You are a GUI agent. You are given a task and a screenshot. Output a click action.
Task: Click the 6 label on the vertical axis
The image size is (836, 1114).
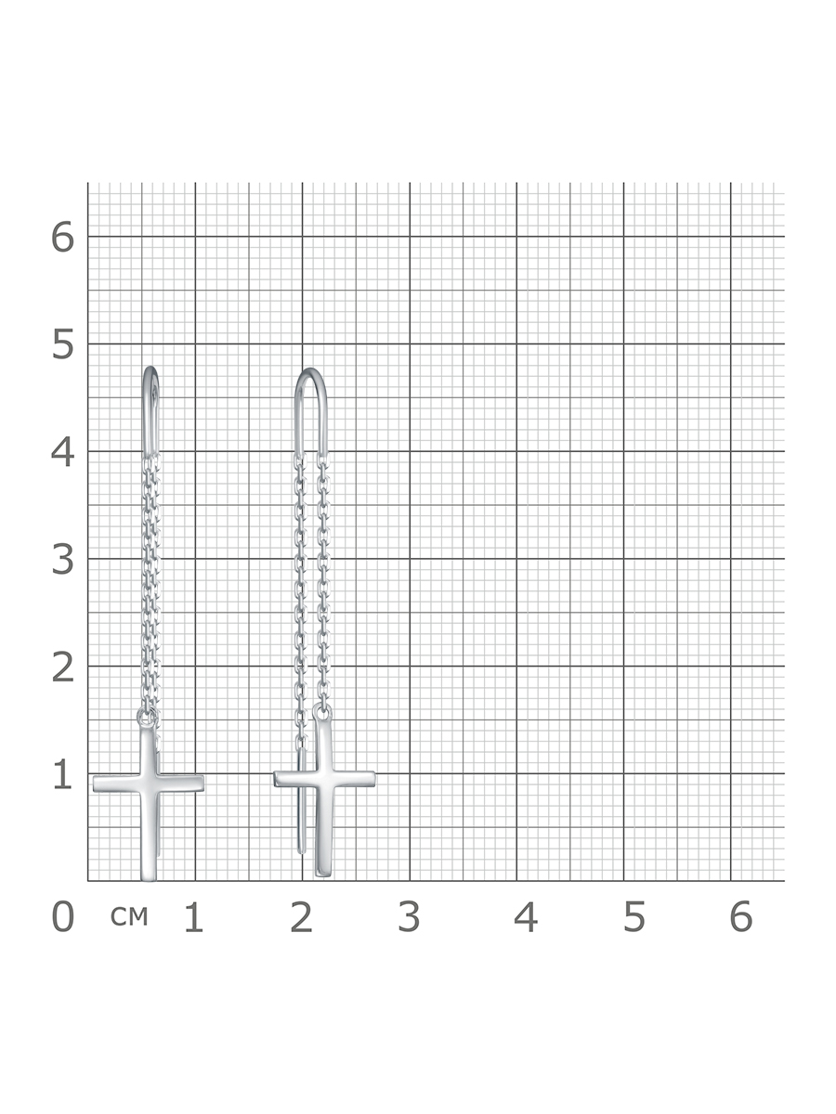pyautogui.click(x=63, y=238)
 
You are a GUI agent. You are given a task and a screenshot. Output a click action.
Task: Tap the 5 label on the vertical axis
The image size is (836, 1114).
pyautogui.click(x=63, y=344)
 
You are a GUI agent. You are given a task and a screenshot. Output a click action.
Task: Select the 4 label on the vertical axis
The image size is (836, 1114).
pyautogui.click(x=63, y=452)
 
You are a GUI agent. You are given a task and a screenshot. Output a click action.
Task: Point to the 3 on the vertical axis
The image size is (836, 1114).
pyautogui.click(x=63, y=560)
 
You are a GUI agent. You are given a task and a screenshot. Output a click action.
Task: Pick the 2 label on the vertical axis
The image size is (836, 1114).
pyautogui.click(x=63, y=667)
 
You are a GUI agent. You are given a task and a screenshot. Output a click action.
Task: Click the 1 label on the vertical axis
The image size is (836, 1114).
pyautogui.click(x=63, y=775)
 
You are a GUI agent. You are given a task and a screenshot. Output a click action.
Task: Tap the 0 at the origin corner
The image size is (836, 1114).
pyautogui.click(x=63, y=917)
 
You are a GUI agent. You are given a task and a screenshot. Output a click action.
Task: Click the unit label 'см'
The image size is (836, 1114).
pyautogui.click(x=129, y=916)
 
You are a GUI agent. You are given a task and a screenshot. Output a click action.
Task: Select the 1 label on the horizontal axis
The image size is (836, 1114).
pyautogui.click(x=194, y=917)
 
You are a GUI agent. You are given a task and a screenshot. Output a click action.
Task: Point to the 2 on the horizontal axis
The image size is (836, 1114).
pyautogui.click(x=302, y=917)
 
